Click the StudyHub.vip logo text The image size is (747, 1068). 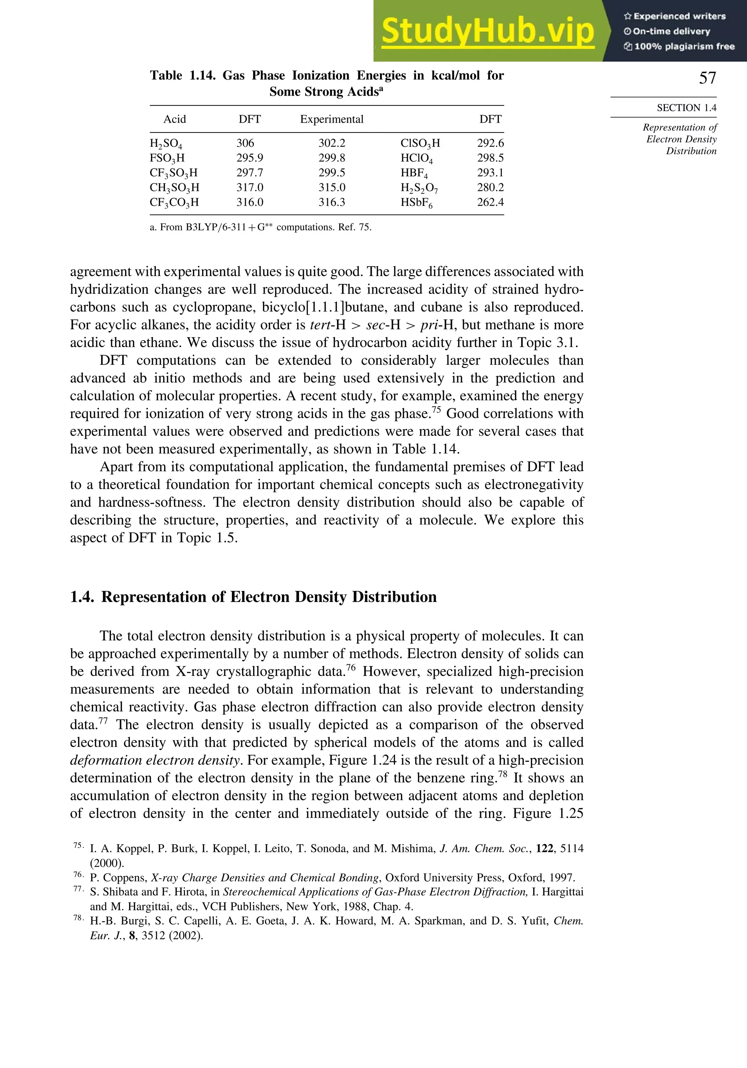coord(487,31)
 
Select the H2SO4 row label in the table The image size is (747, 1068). coord(166,143)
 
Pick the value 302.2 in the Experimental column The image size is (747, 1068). coord(332,143)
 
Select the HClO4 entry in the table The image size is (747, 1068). coord(417,158)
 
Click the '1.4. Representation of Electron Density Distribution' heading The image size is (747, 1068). coord(253,597)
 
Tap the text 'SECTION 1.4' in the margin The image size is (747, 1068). coord(686,108)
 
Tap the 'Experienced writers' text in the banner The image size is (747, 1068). coord(679,16)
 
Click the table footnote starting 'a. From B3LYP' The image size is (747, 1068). coord(260,227)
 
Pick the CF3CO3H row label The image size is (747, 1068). coord(174,202)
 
